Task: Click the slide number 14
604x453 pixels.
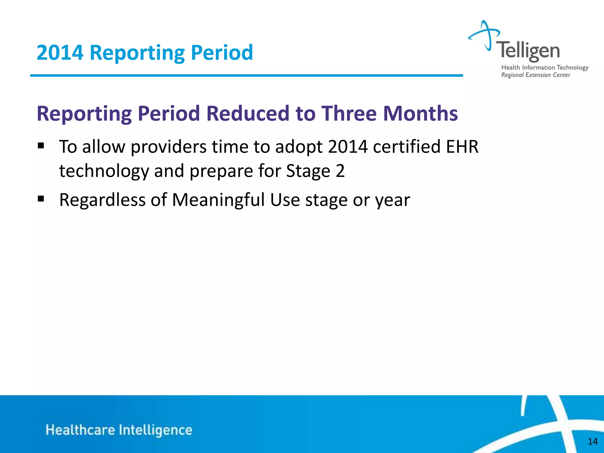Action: pos(592,441)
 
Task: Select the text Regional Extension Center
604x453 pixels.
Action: pos(536,75)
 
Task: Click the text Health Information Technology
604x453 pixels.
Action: pos(544,68)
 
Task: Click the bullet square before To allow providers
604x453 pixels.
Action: pos(41,145)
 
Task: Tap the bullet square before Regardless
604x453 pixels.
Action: pos(41,199)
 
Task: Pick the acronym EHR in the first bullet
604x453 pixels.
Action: pos(462,147)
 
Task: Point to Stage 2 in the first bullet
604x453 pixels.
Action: pos(315,171)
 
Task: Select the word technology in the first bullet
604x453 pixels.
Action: pos(104,171)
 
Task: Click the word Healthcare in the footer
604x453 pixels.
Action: pos(80,430)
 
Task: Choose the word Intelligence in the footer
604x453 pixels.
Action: pos(155,430)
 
